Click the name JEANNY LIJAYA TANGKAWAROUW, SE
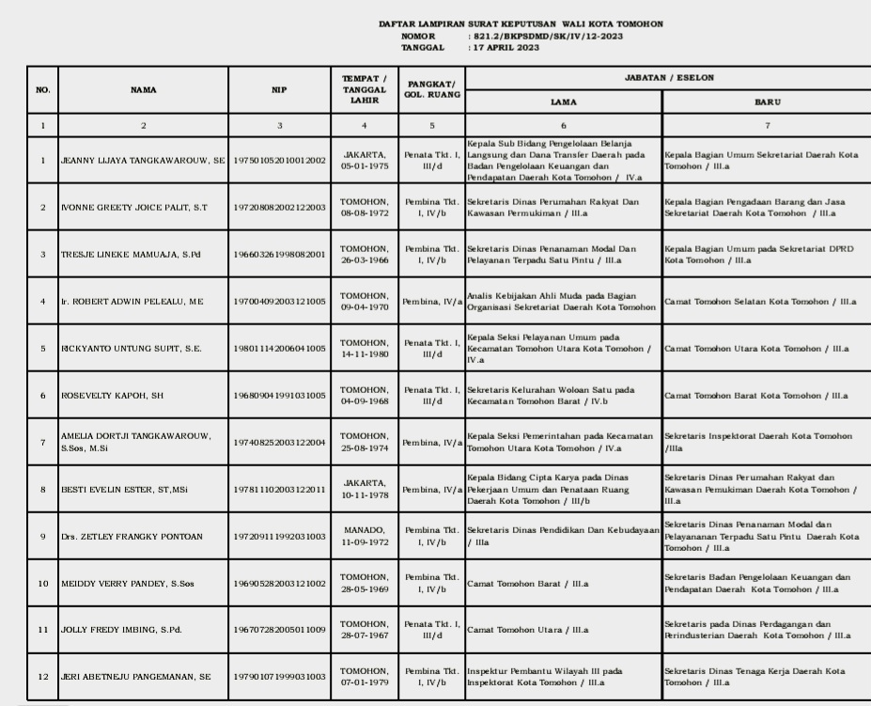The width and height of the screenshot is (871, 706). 142,161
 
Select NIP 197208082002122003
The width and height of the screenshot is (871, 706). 279,208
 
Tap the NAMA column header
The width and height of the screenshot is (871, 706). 144,90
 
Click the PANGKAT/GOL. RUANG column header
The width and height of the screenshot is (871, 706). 431,90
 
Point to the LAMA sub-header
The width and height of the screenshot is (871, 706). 564,102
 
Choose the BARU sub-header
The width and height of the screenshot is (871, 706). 767,102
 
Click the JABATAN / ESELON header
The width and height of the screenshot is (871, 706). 664,75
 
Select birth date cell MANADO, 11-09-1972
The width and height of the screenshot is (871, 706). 364,537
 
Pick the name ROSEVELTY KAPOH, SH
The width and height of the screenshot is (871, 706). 112,396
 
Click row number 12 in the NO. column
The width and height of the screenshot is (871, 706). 42,677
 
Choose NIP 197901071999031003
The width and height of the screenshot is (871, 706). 279,677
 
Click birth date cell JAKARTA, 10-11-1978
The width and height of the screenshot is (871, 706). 364,490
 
